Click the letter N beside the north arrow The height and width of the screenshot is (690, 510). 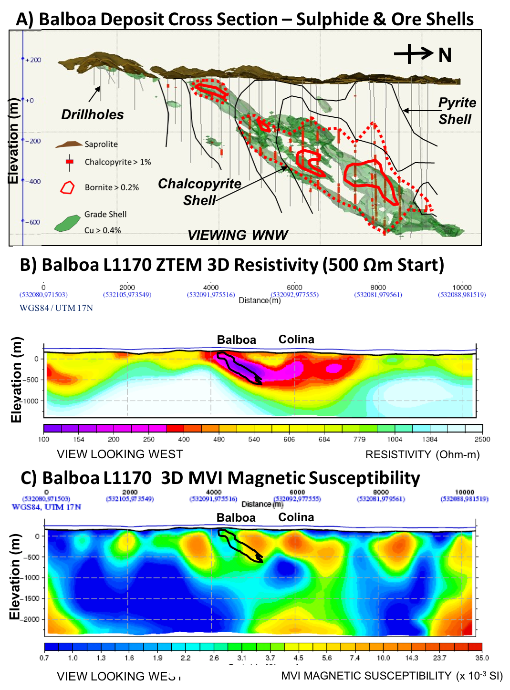pyautogui.click(x=445, y=55)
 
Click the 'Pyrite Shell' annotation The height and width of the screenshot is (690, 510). pyautogui.click(x=457, y=111)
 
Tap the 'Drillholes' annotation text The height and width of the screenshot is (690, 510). pyautogui.click(x=92, y=115)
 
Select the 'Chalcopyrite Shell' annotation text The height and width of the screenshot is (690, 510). pyautogui.click(x=199, y=192)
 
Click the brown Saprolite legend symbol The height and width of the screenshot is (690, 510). pyautogui.click(x=69, y=144)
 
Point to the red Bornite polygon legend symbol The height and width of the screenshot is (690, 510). pyautogui.click(x=67, y=187)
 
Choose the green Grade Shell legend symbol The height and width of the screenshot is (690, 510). pyautogui.click(x=67, y=223)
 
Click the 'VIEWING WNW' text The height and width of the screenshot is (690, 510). pyautogui.click(x=237, y=235)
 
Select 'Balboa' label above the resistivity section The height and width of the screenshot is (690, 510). pyautogui.click(x=236, y=340)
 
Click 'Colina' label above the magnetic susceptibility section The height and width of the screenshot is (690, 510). pyautogui.click(x=296, y=517)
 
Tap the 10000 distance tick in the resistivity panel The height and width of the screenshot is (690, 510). pyautogui.click(x=461, y=288)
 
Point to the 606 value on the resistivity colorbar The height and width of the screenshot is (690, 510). pyautogui.click(x=289, y=440)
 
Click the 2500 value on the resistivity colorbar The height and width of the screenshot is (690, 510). pyautogui.click(x=482, y=440)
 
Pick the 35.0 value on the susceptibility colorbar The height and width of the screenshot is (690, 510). pyautogui.click(x=482, y=658)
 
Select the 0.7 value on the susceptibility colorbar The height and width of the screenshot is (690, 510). pyautogui.click(x=44, y=658)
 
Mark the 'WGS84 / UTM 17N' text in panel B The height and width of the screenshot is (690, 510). pyautogui.click(x=56, y=308)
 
